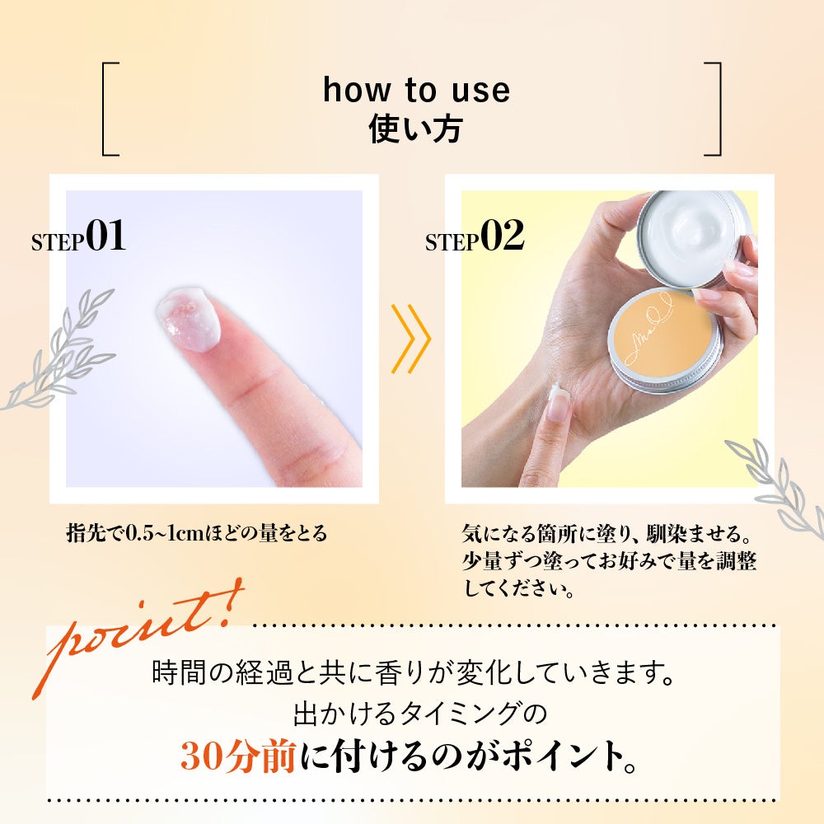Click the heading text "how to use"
pyautogui.click(x=416, y=90)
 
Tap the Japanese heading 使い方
pyautogui.click(x=415, y=129)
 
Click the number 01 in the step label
pyautogui.click(x=105, y=235)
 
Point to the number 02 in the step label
pyautogui.click(x=502, y=235)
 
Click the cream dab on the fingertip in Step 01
pyautogui.click(x=188, y=318)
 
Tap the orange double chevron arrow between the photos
pyautogui.click(x=410, y=339)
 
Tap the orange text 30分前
pyautogui.click(x=237, y=755)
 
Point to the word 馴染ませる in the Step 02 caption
pyautogui.click(x=687, y=533)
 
